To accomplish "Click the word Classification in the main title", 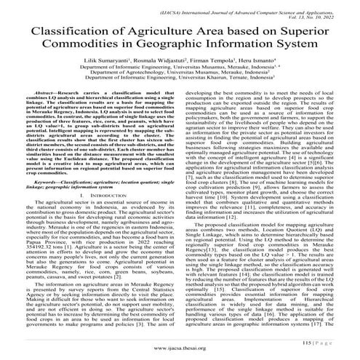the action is [61, 33].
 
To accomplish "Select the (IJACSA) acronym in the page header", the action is [153, 7].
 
